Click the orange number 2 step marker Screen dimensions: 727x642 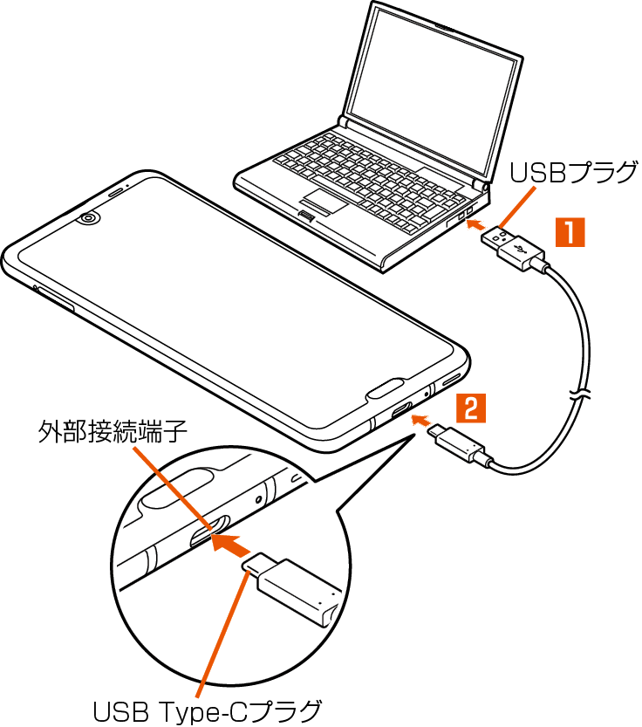[x=470, y=408]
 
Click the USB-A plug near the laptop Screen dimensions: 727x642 [x=515, y=247]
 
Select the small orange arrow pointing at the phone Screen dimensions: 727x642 [x=421, y=424]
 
